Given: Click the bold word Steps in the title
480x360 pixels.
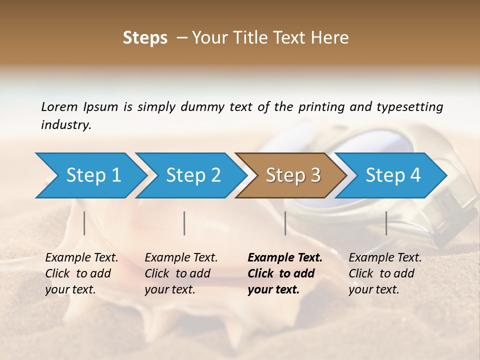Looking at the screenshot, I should (145, 38).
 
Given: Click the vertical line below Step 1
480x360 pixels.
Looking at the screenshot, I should (84, 223).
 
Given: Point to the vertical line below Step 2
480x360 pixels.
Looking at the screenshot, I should (184, 223).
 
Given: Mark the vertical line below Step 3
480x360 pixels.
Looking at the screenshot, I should (285, 223).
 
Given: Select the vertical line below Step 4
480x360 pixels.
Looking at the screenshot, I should (386, 223).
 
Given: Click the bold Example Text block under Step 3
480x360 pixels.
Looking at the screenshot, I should (285, 273).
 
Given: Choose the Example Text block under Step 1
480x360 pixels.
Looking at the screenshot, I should (81, 273).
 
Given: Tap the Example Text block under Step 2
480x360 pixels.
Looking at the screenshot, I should (181, 273).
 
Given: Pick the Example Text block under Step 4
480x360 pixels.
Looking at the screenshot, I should (385, 273).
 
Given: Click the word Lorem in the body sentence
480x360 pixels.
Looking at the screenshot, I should (59, 106).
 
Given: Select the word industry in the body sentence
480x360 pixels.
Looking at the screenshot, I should (66, 125).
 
